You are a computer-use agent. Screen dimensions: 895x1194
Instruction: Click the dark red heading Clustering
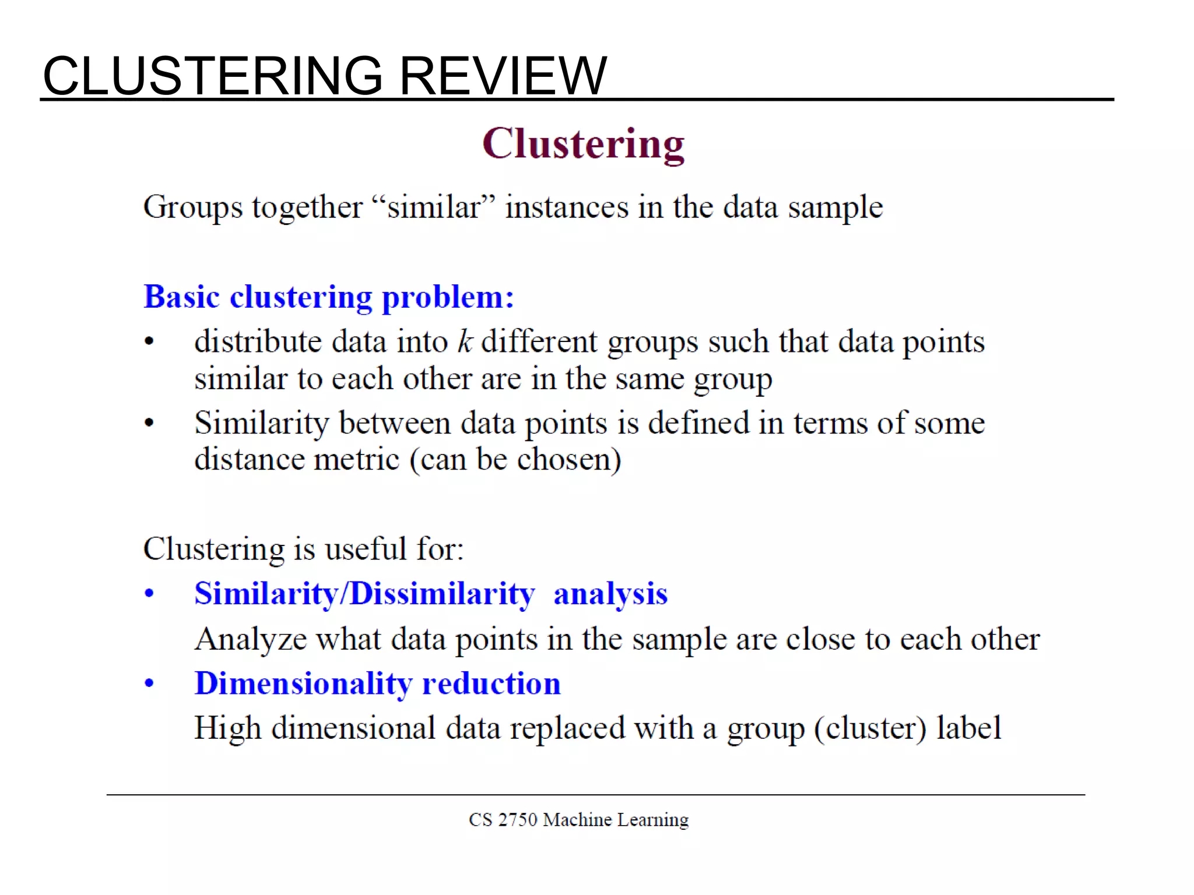583,144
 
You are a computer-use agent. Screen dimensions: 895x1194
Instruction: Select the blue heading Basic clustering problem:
329,297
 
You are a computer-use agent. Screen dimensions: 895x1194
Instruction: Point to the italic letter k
465,341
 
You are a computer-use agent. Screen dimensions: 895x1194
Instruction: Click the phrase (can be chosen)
515,459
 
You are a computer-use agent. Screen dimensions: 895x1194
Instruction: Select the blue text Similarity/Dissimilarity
364,594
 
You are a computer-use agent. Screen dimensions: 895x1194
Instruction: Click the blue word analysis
610,594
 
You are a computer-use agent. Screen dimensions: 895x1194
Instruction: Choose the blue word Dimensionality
303,683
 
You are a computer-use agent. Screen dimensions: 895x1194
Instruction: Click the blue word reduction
491,683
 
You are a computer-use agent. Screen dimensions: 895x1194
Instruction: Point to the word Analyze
251,639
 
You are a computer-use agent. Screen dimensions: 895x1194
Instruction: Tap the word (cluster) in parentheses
870,728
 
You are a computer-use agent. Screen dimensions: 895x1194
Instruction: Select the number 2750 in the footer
517,820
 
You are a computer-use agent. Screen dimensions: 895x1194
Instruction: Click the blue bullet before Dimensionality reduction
149,683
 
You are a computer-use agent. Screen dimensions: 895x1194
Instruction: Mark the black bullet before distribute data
149,342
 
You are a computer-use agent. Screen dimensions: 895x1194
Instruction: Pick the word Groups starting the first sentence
192,208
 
